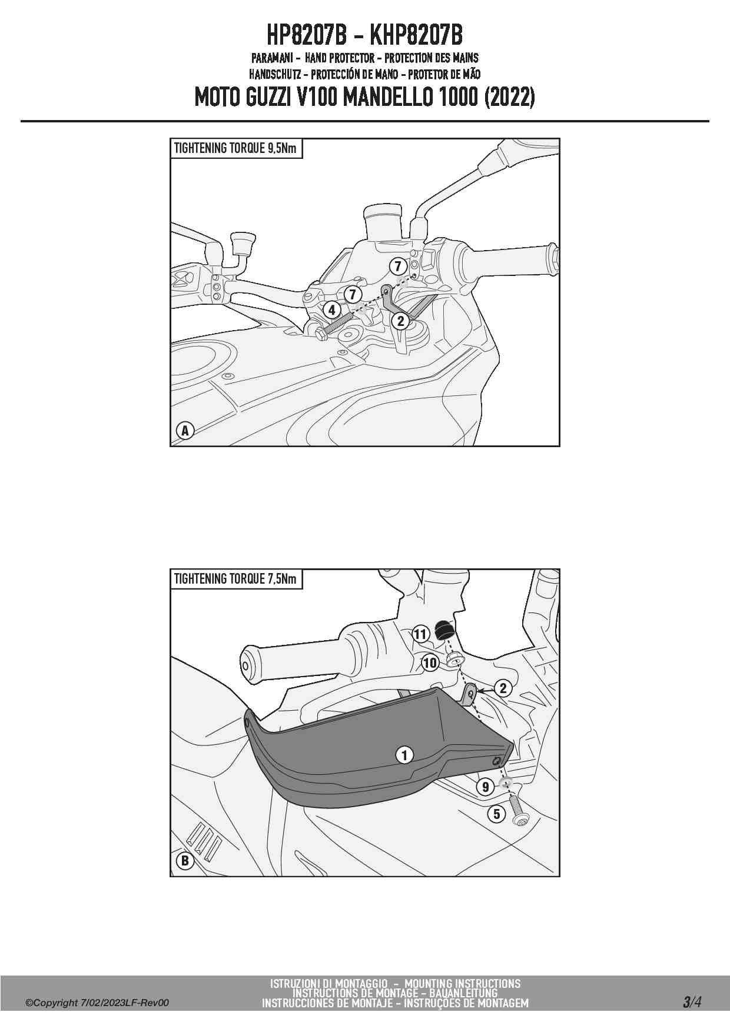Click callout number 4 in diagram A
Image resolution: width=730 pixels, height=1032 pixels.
[x=331, y=310]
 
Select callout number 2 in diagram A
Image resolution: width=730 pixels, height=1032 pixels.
[x=401, y=321]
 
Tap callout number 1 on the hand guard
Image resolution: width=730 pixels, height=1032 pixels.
[x=404, y=754]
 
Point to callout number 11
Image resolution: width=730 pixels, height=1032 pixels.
[x=420, y=634]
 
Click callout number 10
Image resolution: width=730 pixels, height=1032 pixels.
[x=430, y=663]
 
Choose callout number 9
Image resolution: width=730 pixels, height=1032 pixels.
[x=485, y=787]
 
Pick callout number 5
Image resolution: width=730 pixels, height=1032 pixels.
[x=497, y=814]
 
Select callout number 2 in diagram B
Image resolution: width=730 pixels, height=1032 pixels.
[x=503, y=688]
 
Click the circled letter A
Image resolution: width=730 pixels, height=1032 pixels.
[x=185, y=431]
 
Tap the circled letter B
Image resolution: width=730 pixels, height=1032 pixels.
[x=185, y=861]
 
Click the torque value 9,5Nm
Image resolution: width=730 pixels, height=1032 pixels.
[x=281, y=148]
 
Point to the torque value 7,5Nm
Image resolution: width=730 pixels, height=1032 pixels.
[x=281, y=579]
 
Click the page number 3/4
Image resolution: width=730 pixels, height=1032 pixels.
[x=692, y=1001]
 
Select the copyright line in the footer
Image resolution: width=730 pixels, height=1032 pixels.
[x=97, y=1003]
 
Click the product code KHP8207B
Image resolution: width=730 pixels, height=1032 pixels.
[x=416, y=35]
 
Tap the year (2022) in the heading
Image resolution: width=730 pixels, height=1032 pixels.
[x=509, y=97]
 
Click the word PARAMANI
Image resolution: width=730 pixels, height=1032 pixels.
[x=272, y=58]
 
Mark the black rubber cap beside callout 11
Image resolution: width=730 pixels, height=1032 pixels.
[x=443, y=630]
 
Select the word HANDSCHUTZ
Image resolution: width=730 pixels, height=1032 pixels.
[x=275, y=74]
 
